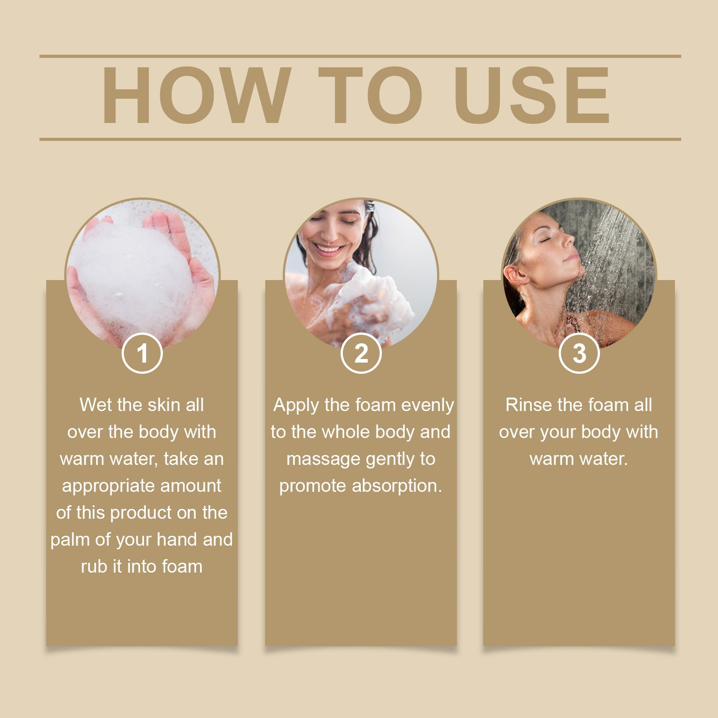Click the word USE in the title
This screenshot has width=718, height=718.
(532, 95)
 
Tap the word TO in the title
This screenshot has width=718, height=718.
(371, 95)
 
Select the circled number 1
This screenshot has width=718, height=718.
(142, 353)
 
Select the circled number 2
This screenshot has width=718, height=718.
(361, 353)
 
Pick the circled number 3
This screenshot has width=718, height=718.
(579, 353)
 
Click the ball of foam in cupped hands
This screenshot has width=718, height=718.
(135, 274)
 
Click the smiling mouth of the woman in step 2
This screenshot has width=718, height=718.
(328, 248)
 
